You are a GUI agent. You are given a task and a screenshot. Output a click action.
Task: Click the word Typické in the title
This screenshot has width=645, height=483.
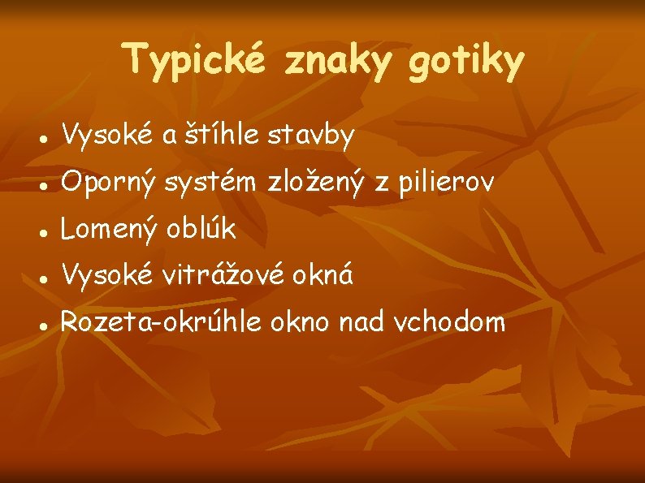click(x=196, y=61)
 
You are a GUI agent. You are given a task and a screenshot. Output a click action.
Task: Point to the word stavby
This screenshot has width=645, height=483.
click(x=314, y=138)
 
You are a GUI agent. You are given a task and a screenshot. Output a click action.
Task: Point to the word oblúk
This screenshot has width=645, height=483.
click(x=201, y=230)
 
